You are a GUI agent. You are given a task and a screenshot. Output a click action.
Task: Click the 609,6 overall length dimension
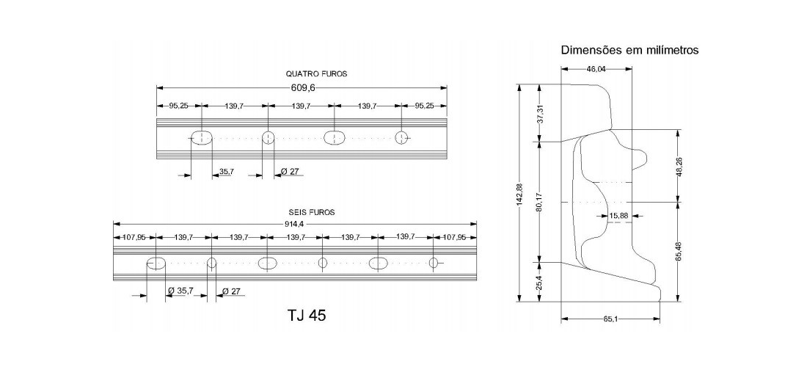(x=302, y=87)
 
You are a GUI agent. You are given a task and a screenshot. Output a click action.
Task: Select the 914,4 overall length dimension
(x=294, y=224)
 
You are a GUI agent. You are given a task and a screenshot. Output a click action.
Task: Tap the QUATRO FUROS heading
(x=316, y=73)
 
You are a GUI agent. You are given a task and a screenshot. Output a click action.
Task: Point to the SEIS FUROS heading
(x=311, y=212)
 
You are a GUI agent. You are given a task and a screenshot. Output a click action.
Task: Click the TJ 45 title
(x=307, y=315)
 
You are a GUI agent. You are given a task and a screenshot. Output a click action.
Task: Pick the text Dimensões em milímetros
(x=629, y=50)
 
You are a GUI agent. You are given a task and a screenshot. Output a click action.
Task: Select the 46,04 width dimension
(x=596, y=68)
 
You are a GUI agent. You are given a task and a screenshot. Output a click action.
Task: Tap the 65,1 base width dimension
(x=610, y=319)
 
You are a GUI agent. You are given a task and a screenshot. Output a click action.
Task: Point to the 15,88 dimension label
(x=618, y=216)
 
